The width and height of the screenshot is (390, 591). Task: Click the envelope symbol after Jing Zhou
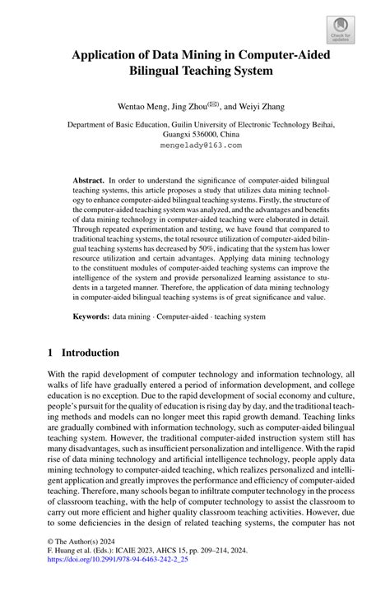click(213, 104)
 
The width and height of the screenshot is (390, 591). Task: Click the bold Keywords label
click(91, 316)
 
